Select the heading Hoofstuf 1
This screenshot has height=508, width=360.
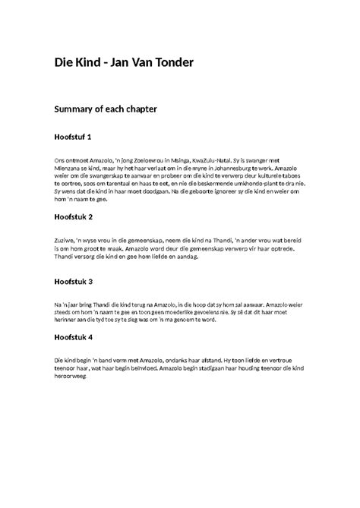coord(74,137)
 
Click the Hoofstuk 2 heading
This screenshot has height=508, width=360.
coord(74,216)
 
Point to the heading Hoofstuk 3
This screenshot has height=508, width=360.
coord(74,282)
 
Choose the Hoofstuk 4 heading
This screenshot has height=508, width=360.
coord(74,337)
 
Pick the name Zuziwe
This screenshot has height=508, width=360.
coord(65,239)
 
